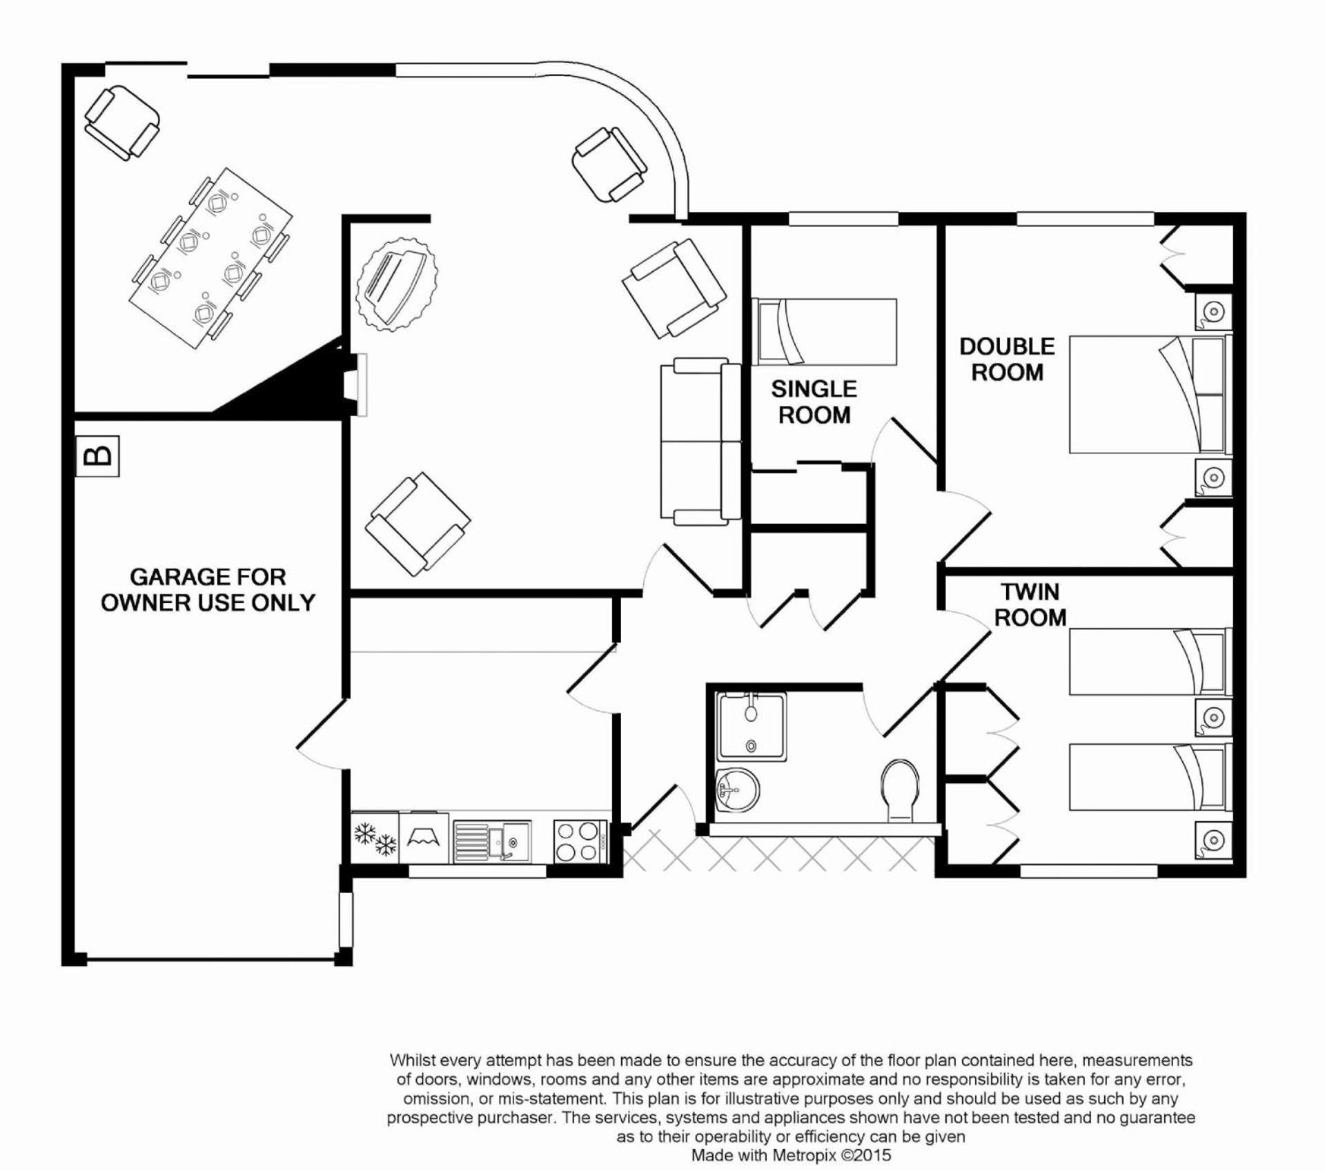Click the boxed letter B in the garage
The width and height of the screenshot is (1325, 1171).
tap(97, 455)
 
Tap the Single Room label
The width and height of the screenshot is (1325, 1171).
tap(814, 402)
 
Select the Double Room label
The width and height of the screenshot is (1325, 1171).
tap(1007, 359)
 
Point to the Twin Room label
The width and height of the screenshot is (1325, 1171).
tap(1030, 604)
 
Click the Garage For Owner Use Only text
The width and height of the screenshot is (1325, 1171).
tap(208, 589)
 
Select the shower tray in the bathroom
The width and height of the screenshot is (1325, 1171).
tap(751, 727)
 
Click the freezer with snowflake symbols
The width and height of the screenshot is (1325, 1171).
tap(375, 836)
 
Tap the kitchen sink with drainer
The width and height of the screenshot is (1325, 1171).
tap(492, 841)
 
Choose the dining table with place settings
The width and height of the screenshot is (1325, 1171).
tap(210, 258)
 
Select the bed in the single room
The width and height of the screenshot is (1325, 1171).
tap(825, 332)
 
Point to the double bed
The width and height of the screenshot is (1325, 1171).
tap(1150, 395)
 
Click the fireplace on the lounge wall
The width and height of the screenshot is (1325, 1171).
tap(359, 385)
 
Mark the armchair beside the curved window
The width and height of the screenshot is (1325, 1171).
tap(609, 164)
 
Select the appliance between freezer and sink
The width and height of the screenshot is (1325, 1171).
tap(424, 838)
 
